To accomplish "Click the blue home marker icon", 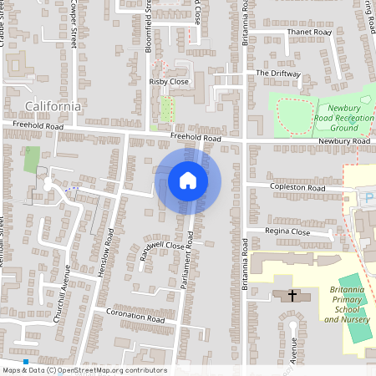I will pos(188,180).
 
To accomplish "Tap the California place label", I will pos(53,106).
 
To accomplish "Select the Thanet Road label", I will pos(309,32).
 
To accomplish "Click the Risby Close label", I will pos(169,82).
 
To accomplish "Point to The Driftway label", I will pos(277,74).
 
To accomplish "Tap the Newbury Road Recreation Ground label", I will pos(350,119).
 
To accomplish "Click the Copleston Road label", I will pos(297,189).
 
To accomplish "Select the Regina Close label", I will pos(287,231).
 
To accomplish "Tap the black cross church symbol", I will pos(292,295).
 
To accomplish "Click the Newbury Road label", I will pos(343,142).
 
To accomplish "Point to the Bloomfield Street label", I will pos(148,30).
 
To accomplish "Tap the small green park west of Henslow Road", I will pos(33,159).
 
